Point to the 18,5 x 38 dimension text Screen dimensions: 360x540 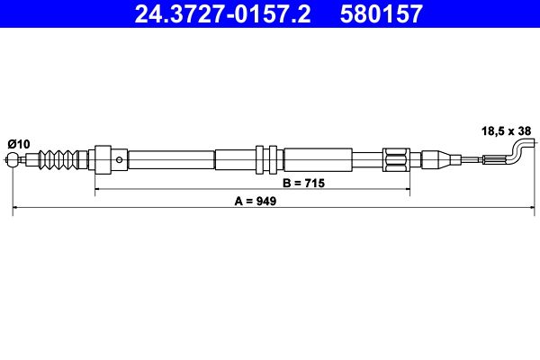[x=506, y=130]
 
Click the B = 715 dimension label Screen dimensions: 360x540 [x=302, y=182]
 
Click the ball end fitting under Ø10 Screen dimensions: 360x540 [x=14, y=162]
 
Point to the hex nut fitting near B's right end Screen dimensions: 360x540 [x=396, y=161]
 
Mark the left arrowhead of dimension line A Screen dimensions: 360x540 [x=16, y=209]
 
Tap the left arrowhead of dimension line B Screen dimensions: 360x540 [x=98, y=190]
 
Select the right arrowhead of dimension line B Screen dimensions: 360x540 [x=407, y=190]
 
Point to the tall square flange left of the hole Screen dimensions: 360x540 [x=102, y=161]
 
